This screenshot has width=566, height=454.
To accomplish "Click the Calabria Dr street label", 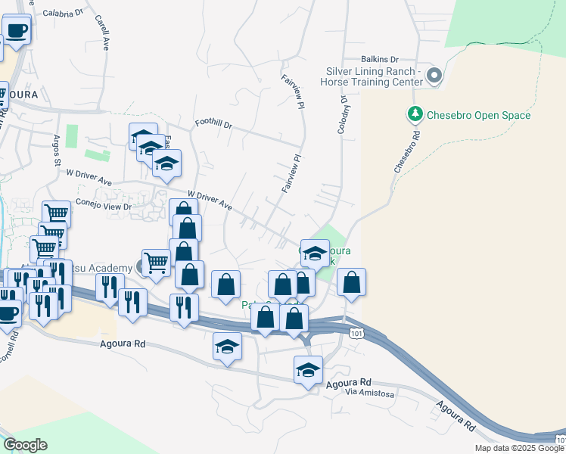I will pyautogui.click(x=63, y=13).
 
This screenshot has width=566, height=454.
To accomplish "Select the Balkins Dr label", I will pyautogui.click(x=379, y=59).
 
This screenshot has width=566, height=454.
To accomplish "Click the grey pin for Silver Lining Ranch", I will pyautogui.click(x=434, y=76).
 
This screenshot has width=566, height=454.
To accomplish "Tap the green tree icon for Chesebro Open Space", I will pyautogui.click(x=415, y=115).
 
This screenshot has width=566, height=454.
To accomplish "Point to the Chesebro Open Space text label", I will pyautogui.click(x=478, y=116).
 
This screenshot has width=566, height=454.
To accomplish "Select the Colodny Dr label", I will pyautogui.click(x=342, y=111).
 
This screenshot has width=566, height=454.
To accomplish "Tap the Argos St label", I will pyautogui.click(x=56, y=151).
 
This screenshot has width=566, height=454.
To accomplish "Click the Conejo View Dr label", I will pyautogui.click(x=106, y=206).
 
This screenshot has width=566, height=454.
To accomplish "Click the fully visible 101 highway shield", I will pyautogui.click(x=354, y=332).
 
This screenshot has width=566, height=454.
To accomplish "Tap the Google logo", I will pyautogui.click(x=26, y=445).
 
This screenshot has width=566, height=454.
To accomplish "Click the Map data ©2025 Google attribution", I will pyautogui.click(x=519, y=448).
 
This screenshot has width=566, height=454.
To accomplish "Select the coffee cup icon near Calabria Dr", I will pyautogui.click(x=17, y=30).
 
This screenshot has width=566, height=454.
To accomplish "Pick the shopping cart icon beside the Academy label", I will pyautogui.click(x=156, y=263).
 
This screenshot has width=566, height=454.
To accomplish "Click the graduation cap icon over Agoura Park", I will pyautogui.click(x=314, y=253).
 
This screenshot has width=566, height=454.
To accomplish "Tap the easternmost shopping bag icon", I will pyautogui.click(x=351, y=281).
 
